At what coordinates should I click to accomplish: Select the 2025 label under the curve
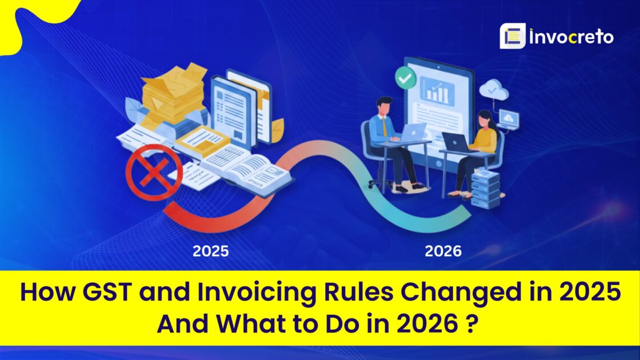pos(210,251)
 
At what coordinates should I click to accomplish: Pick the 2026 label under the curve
pos(443,251)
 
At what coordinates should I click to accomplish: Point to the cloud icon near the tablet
pos(490,90)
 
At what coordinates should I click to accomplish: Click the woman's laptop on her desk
pos(455,142)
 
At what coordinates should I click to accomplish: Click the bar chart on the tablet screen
pos(437,91)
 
